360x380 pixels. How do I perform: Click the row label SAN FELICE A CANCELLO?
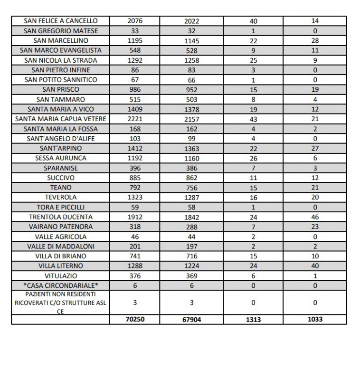[61, 21]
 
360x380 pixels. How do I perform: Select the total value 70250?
[135, 319]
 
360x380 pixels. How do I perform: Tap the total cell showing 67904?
[191, 320]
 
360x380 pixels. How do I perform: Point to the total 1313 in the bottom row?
[253, 319]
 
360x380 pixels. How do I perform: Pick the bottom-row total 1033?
[315, 319]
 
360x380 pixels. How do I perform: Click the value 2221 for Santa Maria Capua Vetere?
[135, 119]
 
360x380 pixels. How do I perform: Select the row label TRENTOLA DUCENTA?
[61, 217]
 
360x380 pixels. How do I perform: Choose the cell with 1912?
[135, 217]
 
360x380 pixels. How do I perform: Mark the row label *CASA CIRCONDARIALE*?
[61, 285]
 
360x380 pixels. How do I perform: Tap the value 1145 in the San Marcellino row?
[191, 41]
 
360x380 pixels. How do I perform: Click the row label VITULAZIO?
[61, 275]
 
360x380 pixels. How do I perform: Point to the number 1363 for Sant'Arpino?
[191, 149]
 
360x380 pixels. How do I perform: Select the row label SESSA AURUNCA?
[61, 158]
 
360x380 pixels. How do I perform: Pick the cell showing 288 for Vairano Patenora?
[191, 227]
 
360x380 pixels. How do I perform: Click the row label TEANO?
[61, 188]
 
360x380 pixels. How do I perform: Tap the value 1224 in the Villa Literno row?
[191, 266]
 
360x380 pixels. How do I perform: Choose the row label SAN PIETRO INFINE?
[61, 70]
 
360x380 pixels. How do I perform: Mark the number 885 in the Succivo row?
[135, 178]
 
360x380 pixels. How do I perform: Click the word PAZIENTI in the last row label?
[32, 294]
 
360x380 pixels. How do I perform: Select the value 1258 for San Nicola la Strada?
[191, 60]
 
